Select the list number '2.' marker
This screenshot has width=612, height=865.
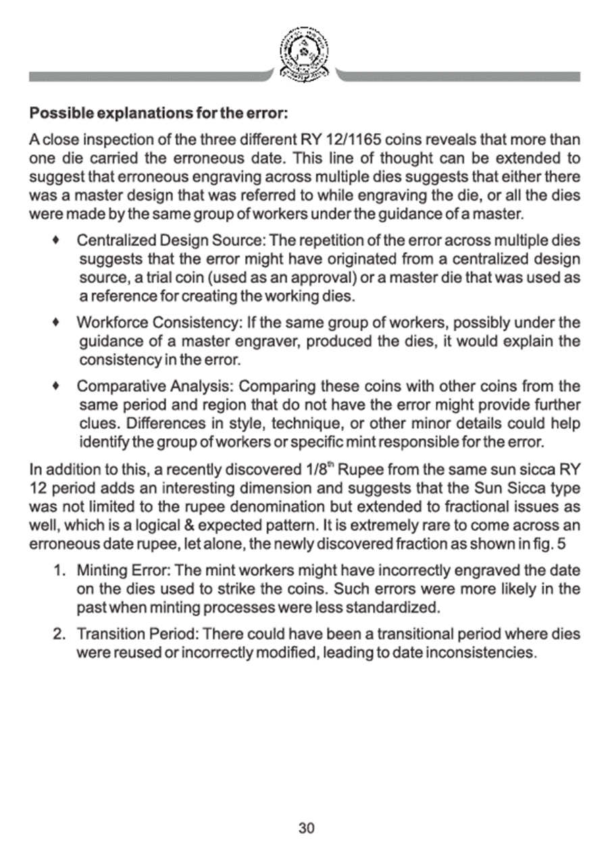pos(59,635)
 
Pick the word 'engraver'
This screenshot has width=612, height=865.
pos(276,340)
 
